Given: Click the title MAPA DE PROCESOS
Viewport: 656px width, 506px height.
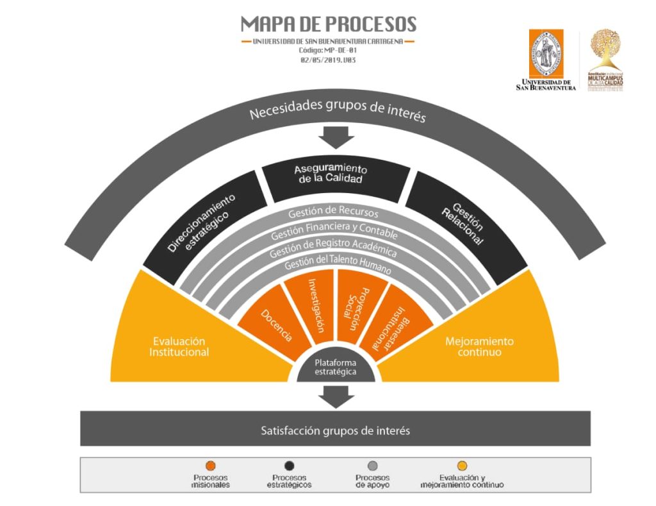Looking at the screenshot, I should [x=328, y=25].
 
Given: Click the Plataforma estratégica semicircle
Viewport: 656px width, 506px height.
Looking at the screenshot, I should [x=335, y=367].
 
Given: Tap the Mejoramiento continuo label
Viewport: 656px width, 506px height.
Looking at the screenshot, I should [x=479, y=346].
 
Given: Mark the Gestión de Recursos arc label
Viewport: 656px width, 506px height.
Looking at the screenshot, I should [x=333, y=212].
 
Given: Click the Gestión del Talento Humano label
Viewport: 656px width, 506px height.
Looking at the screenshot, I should [x=335, y=264].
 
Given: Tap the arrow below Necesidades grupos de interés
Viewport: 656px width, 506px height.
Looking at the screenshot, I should [x=336, y=137].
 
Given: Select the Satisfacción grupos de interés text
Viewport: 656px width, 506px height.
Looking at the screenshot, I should [x=335, y=430].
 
